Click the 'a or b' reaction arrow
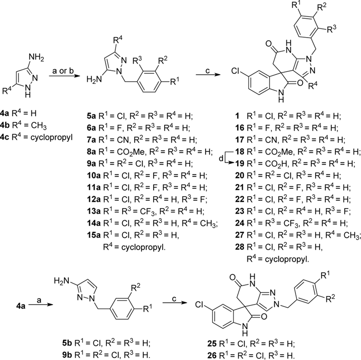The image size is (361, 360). click(x=63, y=75)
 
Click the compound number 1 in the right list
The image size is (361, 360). click(x=238, y=116)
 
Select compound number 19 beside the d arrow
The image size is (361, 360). click(x=239, y=164)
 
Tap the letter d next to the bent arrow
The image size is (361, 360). click(x=221, y=159)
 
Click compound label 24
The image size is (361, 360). click(x=239, y=223)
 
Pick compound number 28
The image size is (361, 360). click(x=239, y=247)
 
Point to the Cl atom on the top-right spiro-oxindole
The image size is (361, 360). click(x=235, y=71)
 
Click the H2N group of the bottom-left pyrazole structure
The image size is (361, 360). click(x=62, y=281)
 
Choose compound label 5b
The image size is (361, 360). click(x=67, y=344)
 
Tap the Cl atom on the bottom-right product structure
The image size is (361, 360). click(x=200, y=305)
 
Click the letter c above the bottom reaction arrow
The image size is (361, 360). click(x=174, y=299)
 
